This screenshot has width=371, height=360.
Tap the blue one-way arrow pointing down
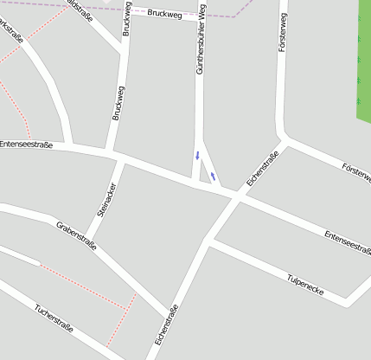click(x=197, y=156)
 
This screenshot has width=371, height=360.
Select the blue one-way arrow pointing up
click(x=213, y=177)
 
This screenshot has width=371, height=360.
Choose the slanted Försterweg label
click(x=356, y=171)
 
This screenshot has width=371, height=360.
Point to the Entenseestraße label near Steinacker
click(x=26, y=145)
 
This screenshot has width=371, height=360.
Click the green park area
click(x=364, y=61)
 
